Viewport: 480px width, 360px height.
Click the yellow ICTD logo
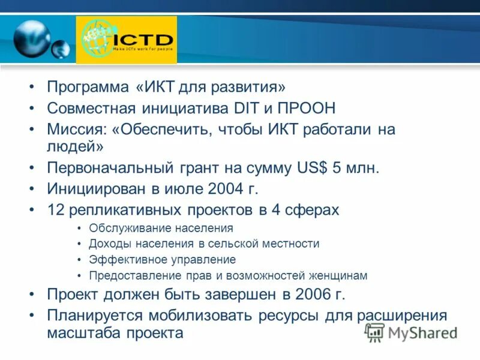(127, 40)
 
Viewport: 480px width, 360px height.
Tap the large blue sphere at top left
(32, 38)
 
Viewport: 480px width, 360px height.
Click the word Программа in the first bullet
(89, 88)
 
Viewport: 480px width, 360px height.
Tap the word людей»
(76, 146)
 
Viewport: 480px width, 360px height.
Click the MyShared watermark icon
(375, 331)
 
